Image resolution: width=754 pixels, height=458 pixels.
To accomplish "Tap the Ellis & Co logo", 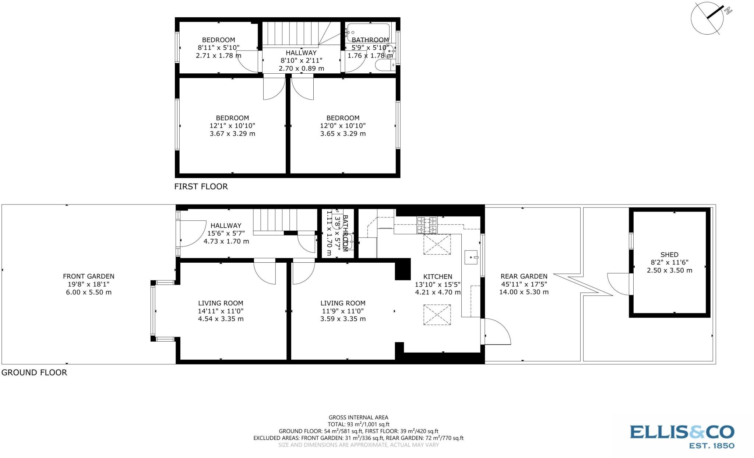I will coord(682,436).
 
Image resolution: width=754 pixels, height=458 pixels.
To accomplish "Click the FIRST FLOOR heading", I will coord(201,186).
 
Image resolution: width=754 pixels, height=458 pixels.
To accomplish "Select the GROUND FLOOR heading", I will coord(34,373).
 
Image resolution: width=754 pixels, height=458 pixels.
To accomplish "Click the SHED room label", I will coord(669,255).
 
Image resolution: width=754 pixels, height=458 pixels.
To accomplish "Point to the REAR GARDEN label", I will coord(524,276).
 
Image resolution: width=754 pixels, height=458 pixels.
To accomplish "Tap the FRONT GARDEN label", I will coord(88,276).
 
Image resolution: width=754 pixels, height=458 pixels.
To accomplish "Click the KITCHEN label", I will coord(437,277).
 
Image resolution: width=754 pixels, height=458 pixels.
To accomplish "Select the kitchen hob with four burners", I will coord(427,225).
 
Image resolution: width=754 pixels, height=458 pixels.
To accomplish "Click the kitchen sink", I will coord(471,257).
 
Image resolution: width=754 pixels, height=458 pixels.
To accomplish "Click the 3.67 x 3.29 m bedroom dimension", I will coord(232,134).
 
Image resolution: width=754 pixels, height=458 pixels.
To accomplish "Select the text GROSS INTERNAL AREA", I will coord(358,417).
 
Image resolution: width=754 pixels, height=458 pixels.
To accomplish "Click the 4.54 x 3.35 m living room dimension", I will coord(221,319).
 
